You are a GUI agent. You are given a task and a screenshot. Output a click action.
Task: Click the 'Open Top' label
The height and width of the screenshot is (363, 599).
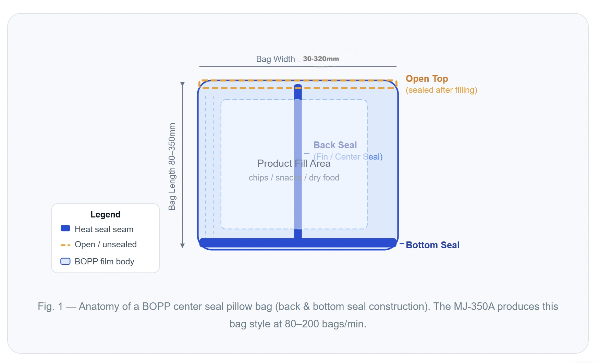[427, 79]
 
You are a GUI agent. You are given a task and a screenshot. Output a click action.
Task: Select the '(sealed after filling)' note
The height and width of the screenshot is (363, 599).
[441, 90]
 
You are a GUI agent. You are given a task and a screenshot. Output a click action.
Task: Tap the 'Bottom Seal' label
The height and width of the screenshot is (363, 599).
[432, 245]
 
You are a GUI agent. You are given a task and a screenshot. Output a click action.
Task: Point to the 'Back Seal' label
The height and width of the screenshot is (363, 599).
[335, 145]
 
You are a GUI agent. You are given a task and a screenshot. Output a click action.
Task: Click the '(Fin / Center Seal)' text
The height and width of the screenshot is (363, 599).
[348, 157]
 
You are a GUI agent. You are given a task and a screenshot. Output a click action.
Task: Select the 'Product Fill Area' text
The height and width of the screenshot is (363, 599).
[294, 164]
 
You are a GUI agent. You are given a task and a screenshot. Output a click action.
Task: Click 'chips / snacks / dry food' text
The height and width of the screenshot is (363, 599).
[294, 178]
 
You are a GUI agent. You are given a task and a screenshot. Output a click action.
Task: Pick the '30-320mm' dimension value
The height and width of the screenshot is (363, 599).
[321, 59]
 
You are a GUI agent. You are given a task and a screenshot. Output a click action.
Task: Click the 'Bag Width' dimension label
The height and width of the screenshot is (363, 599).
[275, 59]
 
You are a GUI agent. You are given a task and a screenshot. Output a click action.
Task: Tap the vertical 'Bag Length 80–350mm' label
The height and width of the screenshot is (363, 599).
[172, 166]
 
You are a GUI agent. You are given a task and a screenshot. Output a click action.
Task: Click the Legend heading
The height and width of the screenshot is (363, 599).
[105, 215]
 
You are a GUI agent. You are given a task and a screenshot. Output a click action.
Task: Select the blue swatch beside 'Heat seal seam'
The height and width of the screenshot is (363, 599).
[65, 228]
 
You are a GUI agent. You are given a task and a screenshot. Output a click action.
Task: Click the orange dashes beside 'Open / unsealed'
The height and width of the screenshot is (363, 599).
[65, 245]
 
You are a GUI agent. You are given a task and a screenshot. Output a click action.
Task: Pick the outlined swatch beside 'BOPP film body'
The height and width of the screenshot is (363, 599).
[65, 261]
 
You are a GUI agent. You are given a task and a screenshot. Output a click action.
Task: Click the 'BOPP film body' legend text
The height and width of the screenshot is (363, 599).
[104, 262]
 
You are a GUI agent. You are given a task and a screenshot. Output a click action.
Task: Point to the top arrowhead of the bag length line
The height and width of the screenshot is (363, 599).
[182, 84]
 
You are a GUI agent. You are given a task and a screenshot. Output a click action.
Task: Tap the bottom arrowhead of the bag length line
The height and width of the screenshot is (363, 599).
[182, 246]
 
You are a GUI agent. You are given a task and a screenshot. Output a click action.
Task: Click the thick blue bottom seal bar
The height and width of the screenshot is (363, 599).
[247, 243]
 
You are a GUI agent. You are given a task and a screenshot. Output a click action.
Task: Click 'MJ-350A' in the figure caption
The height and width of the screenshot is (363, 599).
[474, 306]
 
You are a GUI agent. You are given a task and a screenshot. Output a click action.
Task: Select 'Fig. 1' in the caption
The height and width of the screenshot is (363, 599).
[50, 306]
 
